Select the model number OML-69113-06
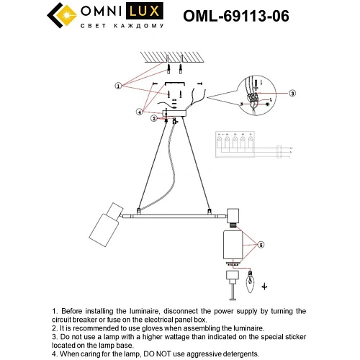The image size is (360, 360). tap(236, 16)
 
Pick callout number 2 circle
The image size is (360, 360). tap(155, 119)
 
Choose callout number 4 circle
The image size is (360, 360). tap(139, 112)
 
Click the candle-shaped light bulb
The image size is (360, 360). tap(251, 286)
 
